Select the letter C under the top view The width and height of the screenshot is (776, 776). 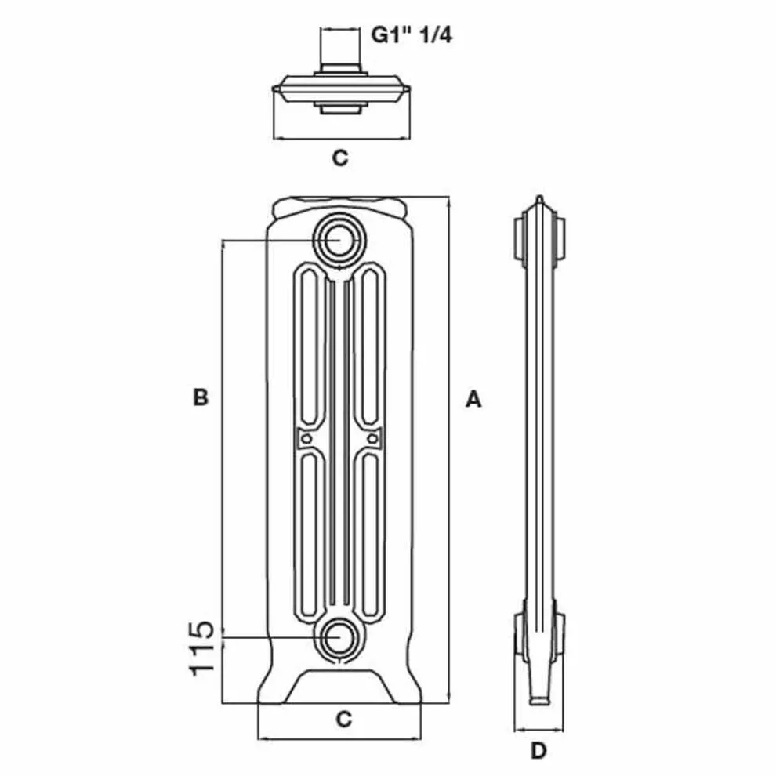pyautogui.click(x=339, y=158)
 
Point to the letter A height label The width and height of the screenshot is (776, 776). pyautogui.click(x=473, y=399)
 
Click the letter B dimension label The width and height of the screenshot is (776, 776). pyautogui.click(x=201, y=397)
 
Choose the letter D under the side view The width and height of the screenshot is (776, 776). pyautogui.click(x=538, y=751)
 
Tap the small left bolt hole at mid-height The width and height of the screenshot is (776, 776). pyautogui.click(x=306, y=437)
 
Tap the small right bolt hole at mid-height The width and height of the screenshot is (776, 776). pyautogui.click(x=372, y=437)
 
